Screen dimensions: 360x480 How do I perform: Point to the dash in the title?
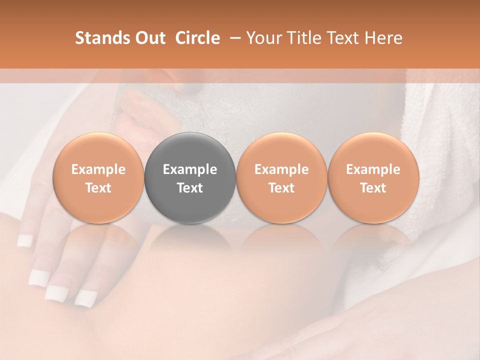tap(233, 38)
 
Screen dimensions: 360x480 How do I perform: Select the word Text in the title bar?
tap(343, 38)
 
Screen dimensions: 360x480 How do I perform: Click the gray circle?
tap(190, 178)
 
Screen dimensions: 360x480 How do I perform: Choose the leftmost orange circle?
tap(98, 178)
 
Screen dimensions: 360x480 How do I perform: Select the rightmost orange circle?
tap(373, 178)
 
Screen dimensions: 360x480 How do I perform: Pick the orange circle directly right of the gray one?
tap(281, 178)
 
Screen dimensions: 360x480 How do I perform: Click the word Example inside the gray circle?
tap(190, 169)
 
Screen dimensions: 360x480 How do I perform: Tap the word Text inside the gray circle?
tap(190, 188)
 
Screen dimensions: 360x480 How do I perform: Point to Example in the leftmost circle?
tap(98, 169)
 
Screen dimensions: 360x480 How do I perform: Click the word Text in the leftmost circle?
tap(98, 188)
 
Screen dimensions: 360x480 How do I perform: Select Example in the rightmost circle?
tap(373, 169)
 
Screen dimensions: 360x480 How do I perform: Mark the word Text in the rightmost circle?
tap(373, 188)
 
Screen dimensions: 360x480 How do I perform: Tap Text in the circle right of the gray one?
tap(281, 188)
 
